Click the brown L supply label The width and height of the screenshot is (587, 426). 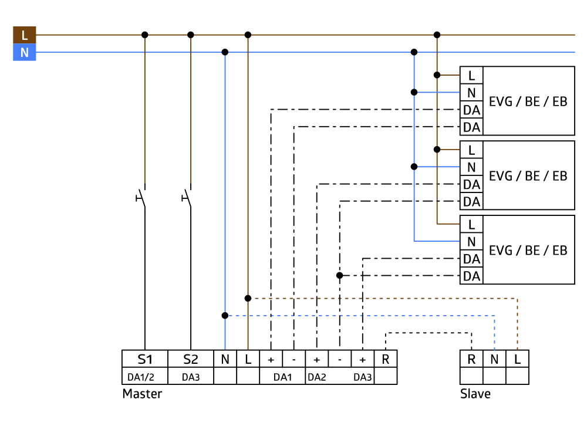pos(24,35)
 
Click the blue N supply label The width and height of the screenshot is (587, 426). pos(24,53)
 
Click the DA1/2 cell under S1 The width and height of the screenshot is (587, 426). pos(144,377)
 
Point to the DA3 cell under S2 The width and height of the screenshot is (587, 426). pos(191,377)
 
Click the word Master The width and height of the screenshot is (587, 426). pos(142,394)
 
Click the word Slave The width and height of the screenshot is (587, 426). pos(475,394)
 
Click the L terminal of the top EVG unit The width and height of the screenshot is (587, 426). pos(471,75)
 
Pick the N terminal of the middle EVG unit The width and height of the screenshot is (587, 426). pos(471,167)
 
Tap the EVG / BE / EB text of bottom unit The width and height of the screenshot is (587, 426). pos(528,250)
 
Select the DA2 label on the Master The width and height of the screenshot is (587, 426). pos(317,377)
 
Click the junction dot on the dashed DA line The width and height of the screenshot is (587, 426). pos(340,275)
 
